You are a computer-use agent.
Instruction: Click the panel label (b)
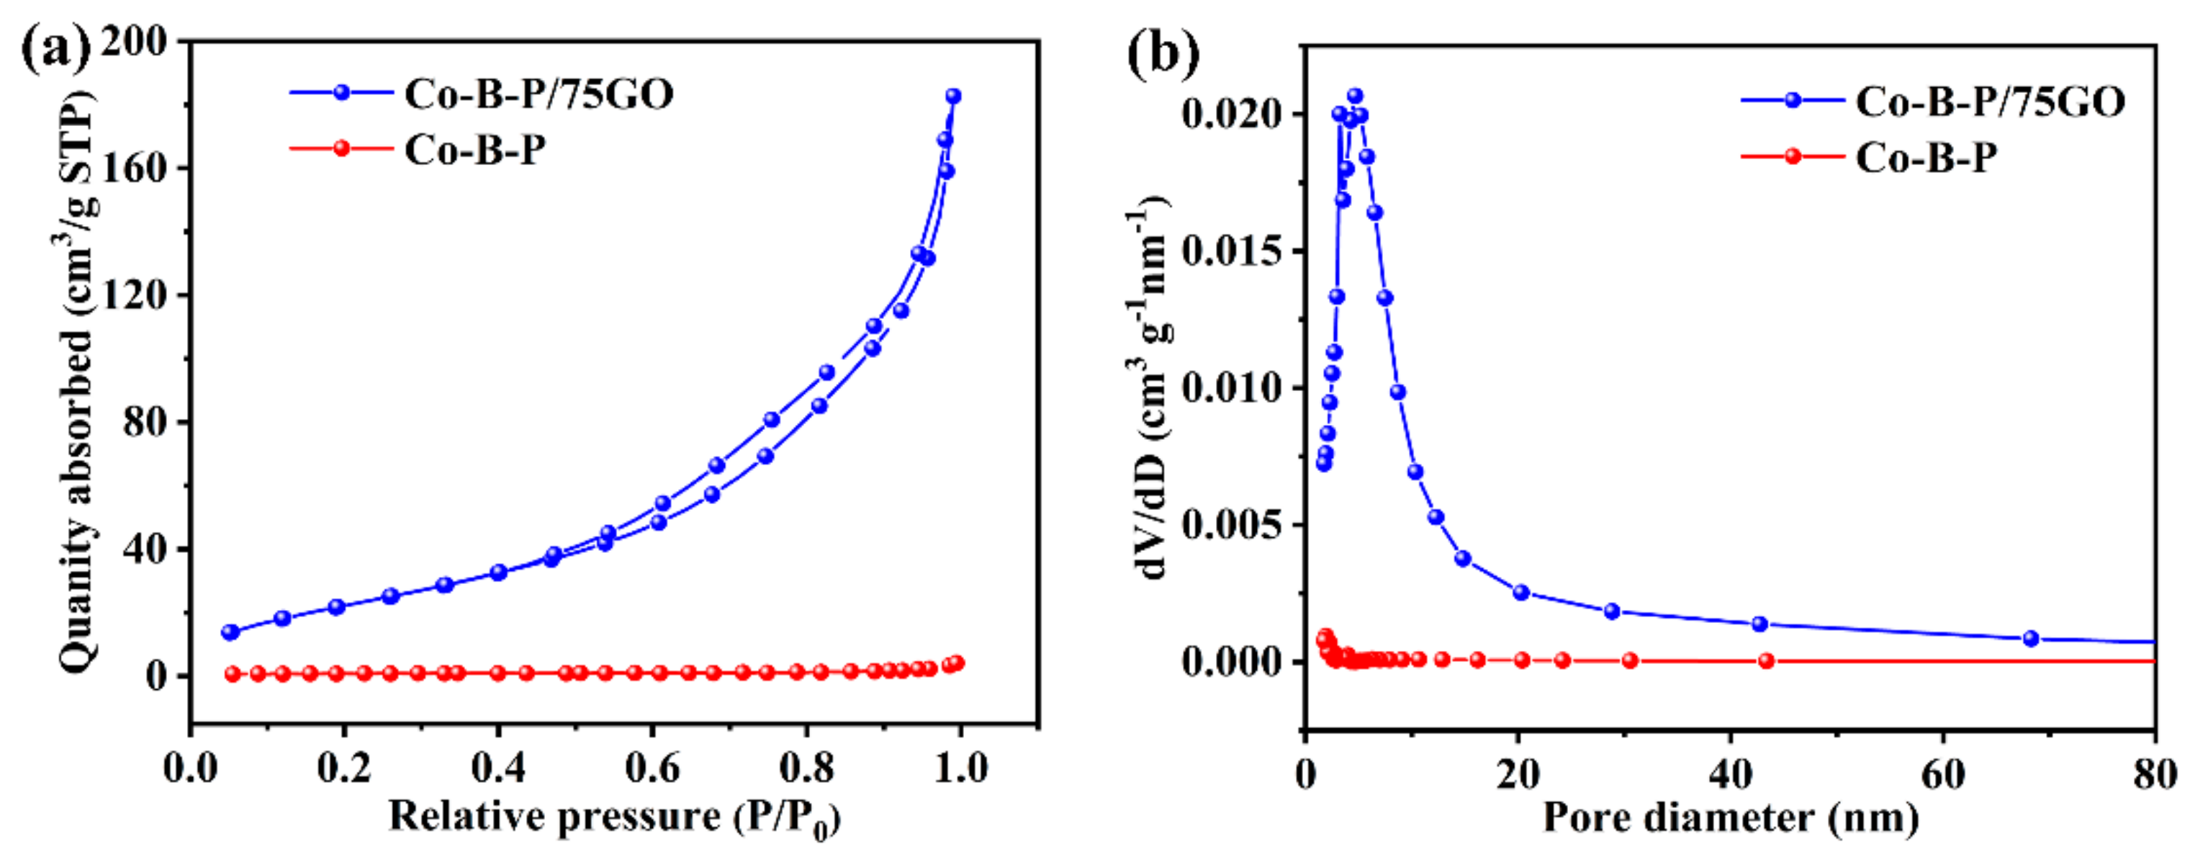click(1163, 53)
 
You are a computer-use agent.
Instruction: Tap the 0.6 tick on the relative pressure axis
click(652, 769)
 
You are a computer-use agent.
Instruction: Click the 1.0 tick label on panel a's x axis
click(958, 769)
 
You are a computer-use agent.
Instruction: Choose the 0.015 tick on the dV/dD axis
click(1231, 251)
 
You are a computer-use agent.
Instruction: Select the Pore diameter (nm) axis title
click(1730, 819)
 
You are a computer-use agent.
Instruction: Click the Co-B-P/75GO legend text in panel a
click(539, 94)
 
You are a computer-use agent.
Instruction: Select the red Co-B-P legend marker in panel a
click(341, 149)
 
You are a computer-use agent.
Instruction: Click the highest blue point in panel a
click(953, 96)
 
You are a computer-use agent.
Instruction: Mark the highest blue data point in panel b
click(1355, 96)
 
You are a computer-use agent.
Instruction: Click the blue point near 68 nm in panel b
click(2031, 637)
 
